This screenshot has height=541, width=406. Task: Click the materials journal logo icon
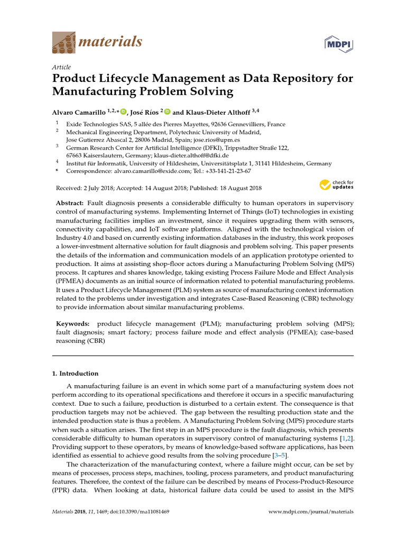[x=63, y=42]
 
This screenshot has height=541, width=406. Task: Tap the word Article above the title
[x=62, y=67]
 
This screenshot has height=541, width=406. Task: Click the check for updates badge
[x=336, y=185]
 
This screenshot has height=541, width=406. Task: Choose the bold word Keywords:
[x=73, y=323]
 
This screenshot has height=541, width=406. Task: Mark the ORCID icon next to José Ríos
[x=167, y=111]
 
